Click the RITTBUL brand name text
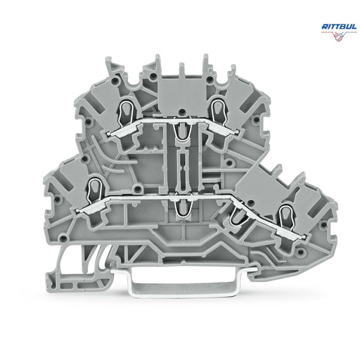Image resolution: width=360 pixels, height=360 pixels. tap(339, 27)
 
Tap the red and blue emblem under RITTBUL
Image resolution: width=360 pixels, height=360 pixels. tap(339, 36)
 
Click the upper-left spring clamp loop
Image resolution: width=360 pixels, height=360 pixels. tap(126, 112)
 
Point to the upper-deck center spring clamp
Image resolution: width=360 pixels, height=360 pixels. tap(181, 132)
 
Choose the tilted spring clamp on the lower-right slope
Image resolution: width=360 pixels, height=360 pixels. tap(238, 217)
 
